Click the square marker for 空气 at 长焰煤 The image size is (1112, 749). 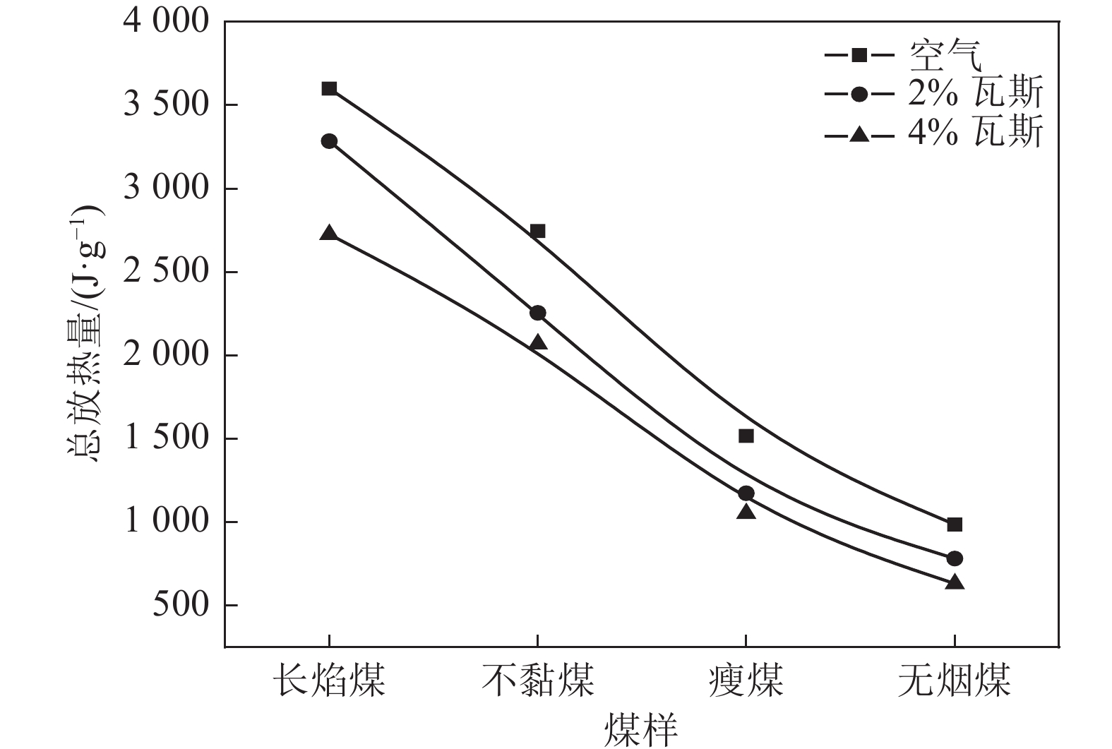click(x=329, y=88)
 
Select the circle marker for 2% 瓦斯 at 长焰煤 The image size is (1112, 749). click(x=329, y=141)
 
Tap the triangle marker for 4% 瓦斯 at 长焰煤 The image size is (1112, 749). click(x=329, y=233)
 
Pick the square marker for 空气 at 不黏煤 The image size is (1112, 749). click(x=537, y=231)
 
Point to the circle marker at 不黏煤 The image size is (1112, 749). click(x=537, y=313)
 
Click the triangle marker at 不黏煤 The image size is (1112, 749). click(x=537, y=342)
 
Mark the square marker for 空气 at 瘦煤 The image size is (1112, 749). click(x=746, y=436)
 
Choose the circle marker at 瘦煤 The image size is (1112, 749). click(x=746, y=493)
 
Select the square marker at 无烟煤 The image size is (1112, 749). click(x=955, y=524)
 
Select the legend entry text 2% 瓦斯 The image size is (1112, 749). click(x=974, y=92)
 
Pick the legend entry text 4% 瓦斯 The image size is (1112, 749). click(x=974, y=131)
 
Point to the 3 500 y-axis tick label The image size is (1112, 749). click(x=167, y=105)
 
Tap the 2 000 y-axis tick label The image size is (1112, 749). click(x=167, y=355)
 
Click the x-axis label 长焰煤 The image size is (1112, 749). click(x=329, y=680)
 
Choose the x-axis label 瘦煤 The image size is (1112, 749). click(x=746, y=680)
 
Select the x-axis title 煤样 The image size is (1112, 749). click(x=641, y=730)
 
